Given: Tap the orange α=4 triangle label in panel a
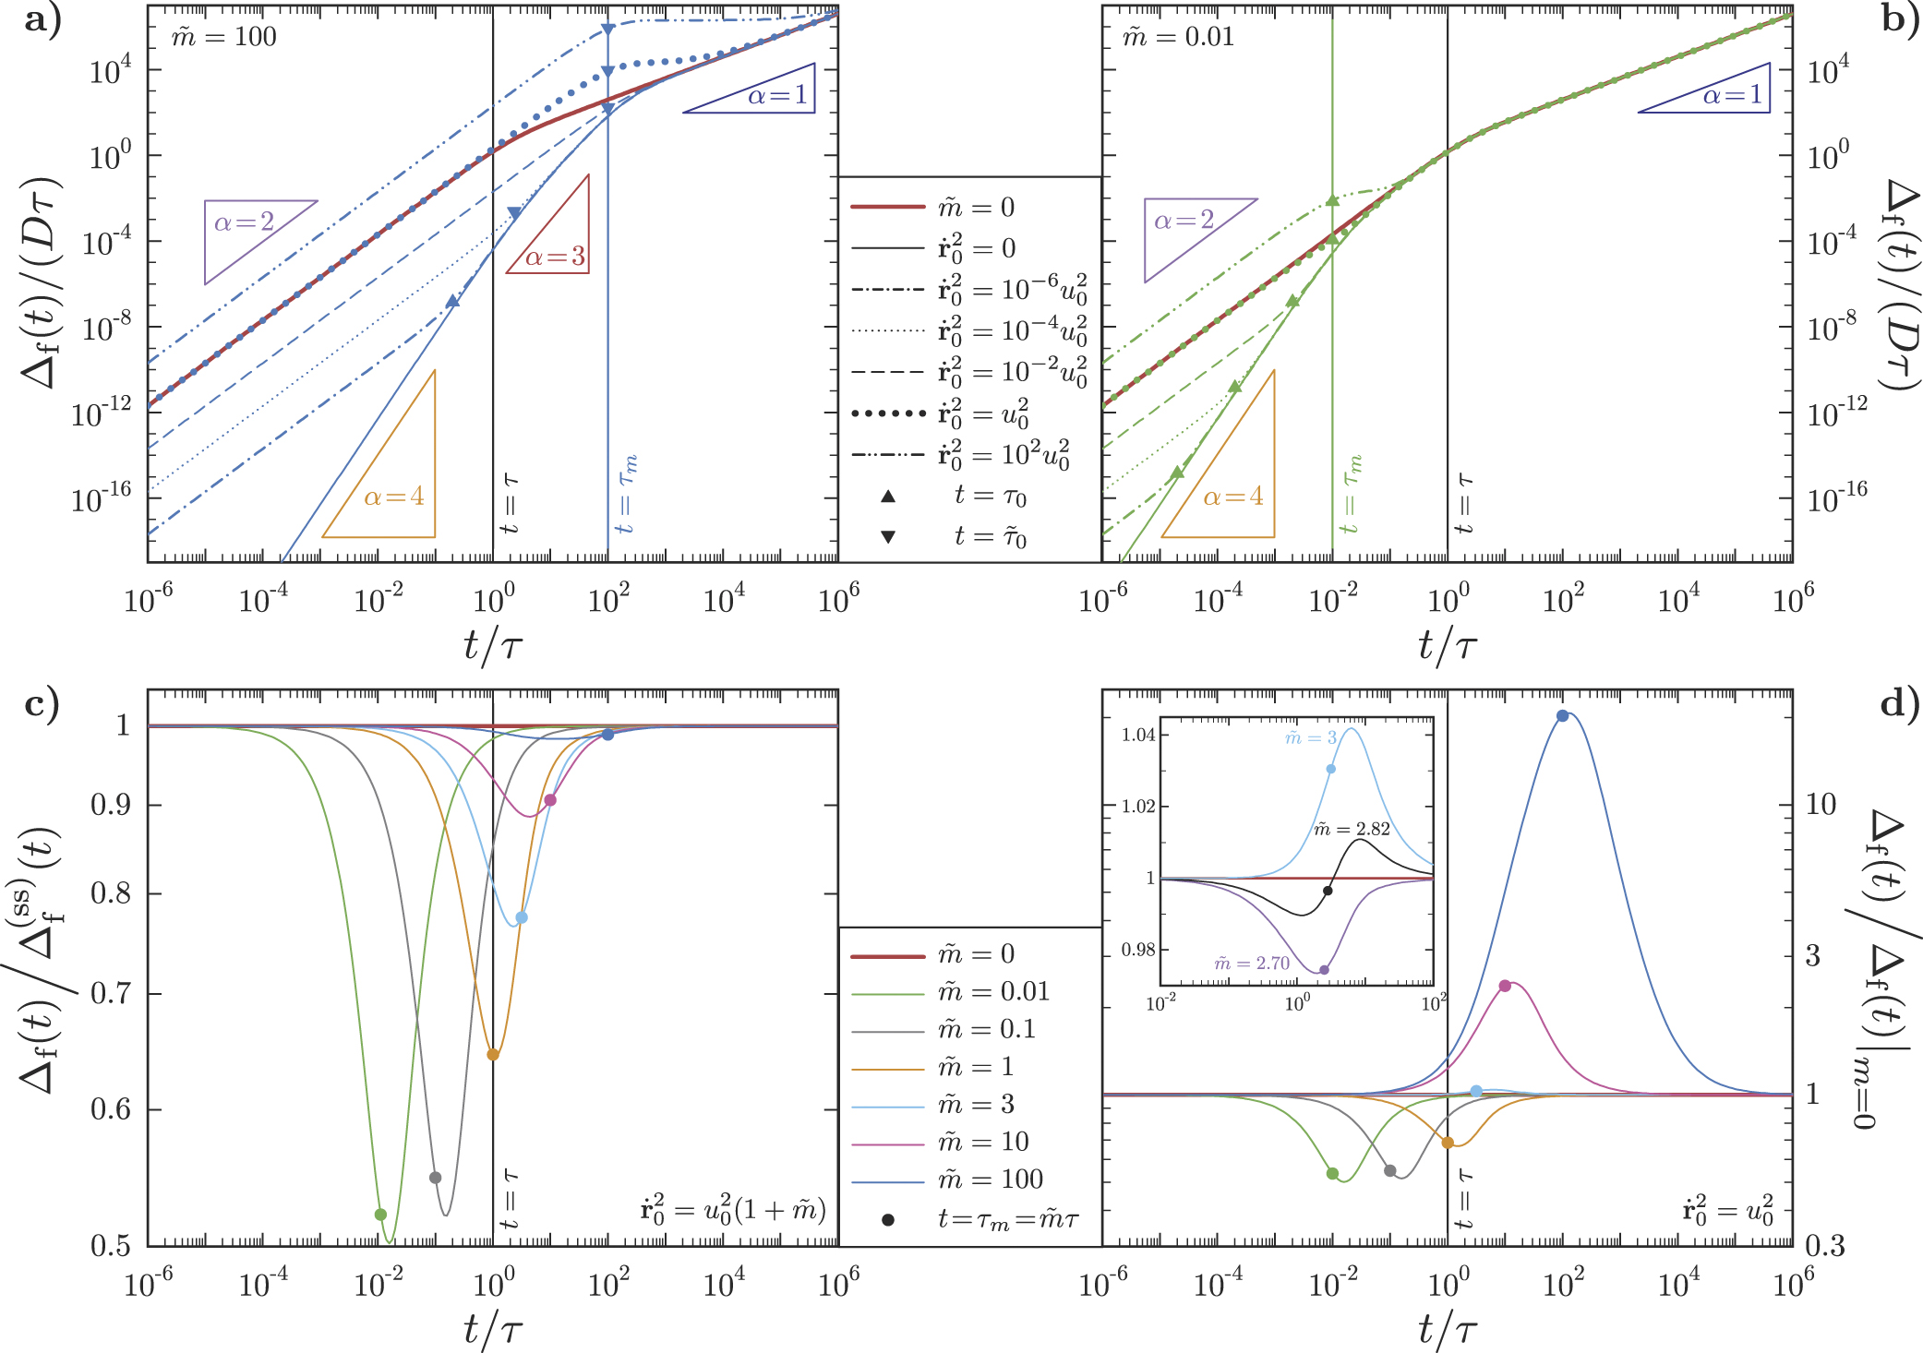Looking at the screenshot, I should point(394,497).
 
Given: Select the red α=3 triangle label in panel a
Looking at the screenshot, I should point(555,256).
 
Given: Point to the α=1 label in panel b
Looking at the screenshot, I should point(1732,95).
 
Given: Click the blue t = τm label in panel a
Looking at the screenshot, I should point(627,494).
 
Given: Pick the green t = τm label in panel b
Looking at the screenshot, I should point(1352,494).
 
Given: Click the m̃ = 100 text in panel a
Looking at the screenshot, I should point(224,37).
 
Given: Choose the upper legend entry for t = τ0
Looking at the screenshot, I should point(990,497).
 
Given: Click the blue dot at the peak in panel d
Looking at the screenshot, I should point(1562,716).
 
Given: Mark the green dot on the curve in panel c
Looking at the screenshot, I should point(380,1215).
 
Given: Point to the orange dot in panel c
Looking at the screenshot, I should point(493,1055).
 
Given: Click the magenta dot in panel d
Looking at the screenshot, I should point(1505,986).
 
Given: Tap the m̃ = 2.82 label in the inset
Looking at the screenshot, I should point(1352,829).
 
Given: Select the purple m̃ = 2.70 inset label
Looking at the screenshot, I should point(1252,964).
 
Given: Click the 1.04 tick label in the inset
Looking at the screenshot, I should point(1138,736).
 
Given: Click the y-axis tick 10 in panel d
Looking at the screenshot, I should point(1821,805).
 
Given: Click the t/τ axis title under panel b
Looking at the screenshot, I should point(1448,646).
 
